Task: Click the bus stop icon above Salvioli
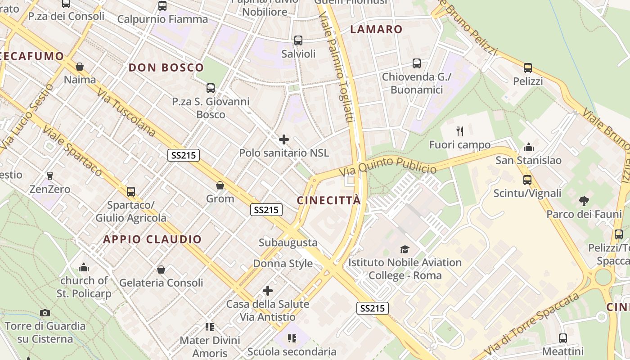(298, 40)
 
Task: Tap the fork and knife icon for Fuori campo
(459, 131)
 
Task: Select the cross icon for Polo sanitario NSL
(284, 139)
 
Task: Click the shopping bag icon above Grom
(220, 185)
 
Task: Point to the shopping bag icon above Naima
(80, 67)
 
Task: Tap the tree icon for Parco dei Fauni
(584, 201)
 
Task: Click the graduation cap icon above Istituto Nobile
(405, 249)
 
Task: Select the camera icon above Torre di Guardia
(45, 313)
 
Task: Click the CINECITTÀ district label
(329, 201)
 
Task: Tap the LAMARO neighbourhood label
(376, 30)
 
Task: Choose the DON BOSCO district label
(166, 68)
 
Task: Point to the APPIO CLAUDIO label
(153, 239)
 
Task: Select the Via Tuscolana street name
(126, 112)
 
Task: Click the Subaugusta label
(288, 243)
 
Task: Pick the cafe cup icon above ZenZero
(50, 175)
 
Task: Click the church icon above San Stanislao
(528, 147)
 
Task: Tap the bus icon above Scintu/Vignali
(527, 180)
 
